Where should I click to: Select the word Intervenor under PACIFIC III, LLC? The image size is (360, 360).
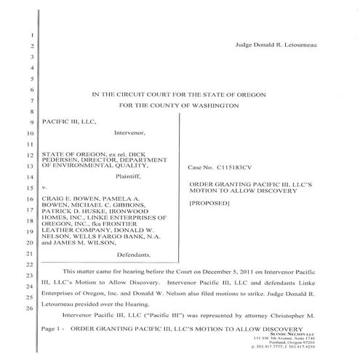[x=132, y=133]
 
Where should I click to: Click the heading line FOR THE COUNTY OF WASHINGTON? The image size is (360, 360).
[x=178, y=106]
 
